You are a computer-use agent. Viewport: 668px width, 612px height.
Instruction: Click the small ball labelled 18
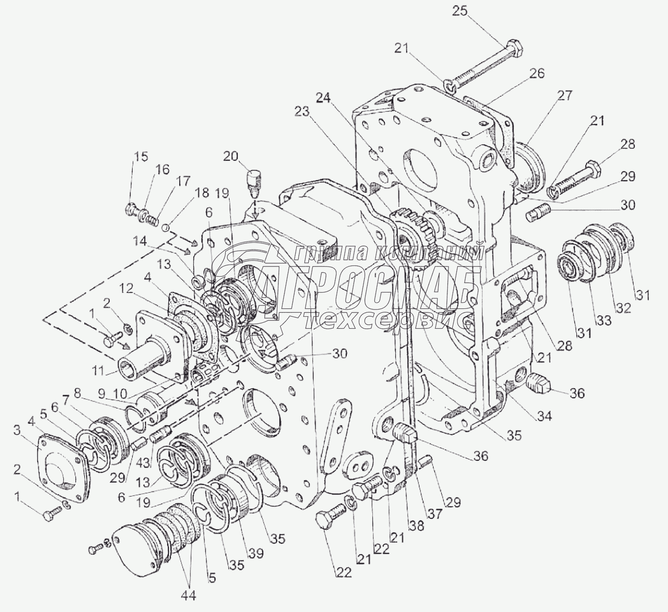165,228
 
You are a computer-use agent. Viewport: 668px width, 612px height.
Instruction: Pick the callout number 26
536,74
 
